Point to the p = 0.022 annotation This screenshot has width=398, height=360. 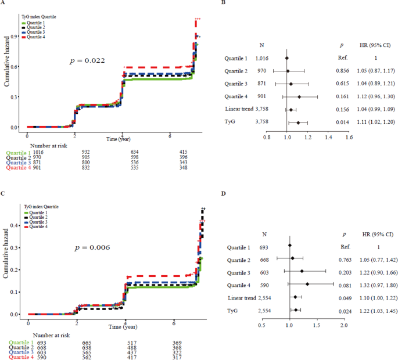(88, 60)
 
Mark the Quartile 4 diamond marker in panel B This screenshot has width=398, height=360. (299, 97)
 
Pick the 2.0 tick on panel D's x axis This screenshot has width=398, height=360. (344, 326)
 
